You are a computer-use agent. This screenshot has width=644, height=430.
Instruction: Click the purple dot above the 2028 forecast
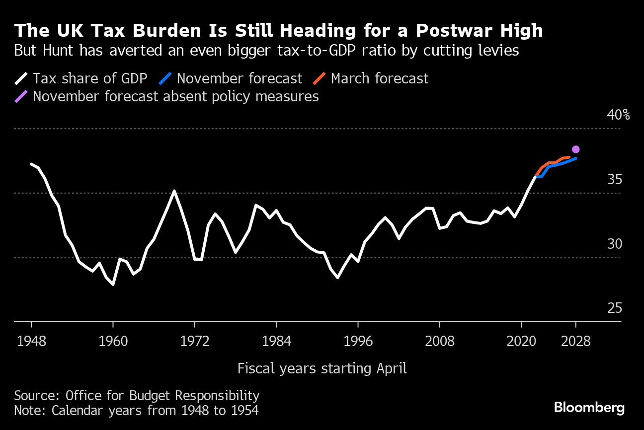575,149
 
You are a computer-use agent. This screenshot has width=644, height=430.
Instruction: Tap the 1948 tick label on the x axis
31,342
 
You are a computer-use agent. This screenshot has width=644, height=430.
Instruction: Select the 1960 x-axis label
113,342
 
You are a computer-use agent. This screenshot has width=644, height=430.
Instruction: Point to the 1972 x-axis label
195,342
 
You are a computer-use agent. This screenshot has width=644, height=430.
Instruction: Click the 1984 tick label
276,342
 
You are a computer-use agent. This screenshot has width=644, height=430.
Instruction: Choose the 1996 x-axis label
358,342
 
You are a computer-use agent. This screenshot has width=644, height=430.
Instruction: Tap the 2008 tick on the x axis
440,342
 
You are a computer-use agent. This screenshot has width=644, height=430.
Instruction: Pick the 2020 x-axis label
521,342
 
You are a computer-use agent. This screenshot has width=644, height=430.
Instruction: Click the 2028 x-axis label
575,342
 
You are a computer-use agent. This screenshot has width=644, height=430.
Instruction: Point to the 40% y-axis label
618,115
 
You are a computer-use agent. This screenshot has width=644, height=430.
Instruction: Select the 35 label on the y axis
615,179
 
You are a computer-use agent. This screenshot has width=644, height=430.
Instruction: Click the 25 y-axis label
615,308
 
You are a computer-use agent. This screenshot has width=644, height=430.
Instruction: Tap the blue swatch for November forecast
165,78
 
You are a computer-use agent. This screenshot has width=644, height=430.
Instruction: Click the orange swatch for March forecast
320,78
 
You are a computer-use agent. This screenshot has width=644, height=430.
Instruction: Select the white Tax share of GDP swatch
21,78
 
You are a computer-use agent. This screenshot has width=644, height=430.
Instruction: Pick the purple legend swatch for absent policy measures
21,96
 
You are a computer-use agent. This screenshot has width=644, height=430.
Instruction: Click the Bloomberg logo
589,408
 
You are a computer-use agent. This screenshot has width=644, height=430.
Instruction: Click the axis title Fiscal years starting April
322,368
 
